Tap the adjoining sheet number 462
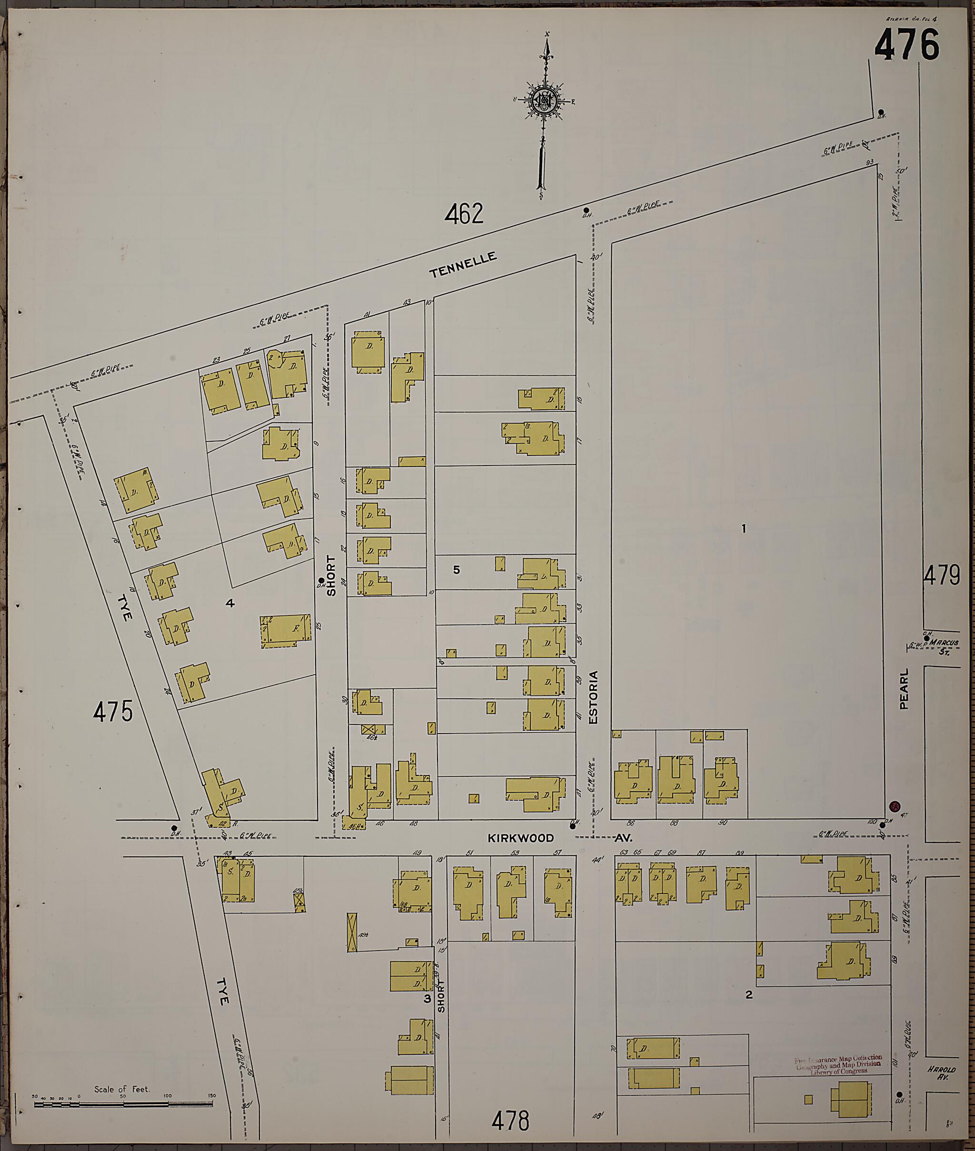[x=464, y=214]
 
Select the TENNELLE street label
[x=463, y=264]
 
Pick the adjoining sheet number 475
[x=113, y=711]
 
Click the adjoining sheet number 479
[x=941, y=576]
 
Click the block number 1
[x=744, y=529]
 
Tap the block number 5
[x=457, y=569]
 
